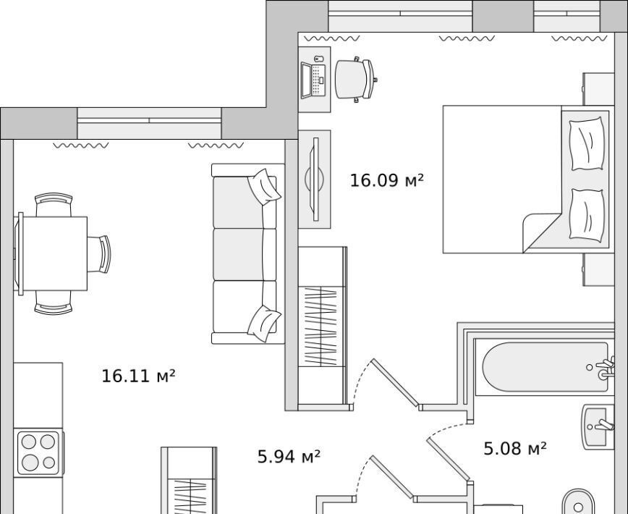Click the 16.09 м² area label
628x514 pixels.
click(x=386, y=180)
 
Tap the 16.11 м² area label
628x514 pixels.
click(x=138, y=376)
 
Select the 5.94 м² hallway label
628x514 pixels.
click(x=289, y=456)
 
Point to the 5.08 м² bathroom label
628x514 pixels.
click(x=515, y=448)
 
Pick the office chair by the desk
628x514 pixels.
click(x=356, y=80)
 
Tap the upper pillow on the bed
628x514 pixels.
click(x=587, y=143)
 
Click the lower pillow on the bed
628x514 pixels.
click(x=587, y=215)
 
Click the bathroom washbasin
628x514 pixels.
click(x=598, y=426)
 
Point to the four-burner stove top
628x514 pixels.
click(x=38, y=452)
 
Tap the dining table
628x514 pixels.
click(x=53, y=253)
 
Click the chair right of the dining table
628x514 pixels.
click(x=98, y=254)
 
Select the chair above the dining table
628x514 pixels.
click(x=54, y=205)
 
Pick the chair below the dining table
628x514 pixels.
click(x=54, y=303)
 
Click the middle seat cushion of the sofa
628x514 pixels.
click(x=238, y=254)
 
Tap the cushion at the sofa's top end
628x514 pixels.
click(x=264, y=187)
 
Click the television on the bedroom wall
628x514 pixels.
click(x=315, y=179)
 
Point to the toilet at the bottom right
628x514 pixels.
click(x=579, y=502)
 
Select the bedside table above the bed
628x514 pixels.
click(x=598, y=89)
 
